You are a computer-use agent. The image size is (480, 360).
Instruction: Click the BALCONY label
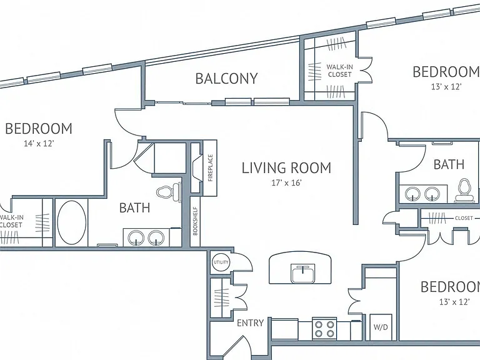(x=226, y=79)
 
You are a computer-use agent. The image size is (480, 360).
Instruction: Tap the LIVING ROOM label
(x=286, y=168)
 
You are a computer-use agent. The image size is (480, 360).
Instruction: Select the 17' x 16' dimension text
(x=286, y=183)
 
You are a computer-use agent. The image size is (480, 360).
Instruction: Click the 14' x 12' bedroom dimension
(x=39, y=143)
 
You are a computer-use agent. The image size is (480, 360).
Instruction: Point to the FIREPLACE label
(x=210, y=167)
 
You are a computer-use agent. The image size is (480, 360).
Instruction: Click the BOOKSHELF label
(x=195, y=222)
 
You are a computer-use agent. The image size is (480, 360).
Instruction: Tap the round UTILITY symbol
(x=221, y=262)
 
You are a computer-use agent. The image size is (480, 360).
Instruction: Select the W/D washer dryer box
(x=381, y=327)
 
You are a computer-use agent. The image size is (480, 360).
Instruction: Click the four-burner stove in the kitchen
(x=324, y=329)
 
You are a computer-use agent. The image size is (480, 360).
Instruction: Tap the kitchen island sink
(x=303, y=273)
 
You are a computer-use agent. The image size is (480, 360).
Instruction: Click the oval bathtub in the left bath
(x=72, y=222)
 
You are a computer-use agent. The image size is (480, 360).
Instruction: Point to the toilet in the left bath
(x=169, y=192)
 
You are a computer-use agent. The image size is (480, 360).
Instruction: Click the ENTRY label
(x=251, y=323)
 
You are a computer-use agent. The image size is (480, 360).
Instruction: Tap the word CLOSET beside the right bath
(x=464, y=218)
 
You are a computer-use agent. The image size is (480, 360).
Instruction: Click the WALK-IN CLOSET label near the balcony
(x=339, y=71)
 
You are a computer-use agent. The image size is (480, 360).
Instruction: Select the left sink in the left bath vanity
(x=136, y=238)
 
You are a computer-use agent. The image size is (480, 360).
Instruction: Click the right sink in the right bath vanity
(x=432, y=194)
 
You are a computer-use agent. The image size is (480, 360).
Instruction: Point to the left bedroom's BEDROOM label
(x=39, y=129)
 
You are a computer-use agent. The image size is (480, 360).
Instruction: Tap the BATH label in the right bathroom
(x=449, y=165)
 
